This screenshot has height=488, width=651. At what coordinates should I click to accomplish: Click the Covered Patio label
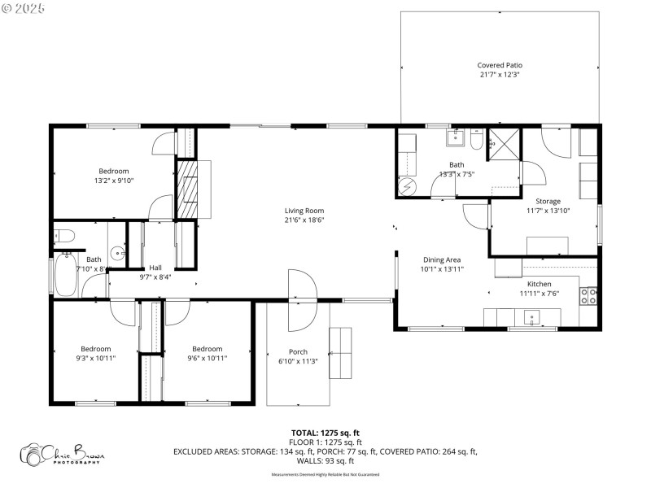pyautogui.click(x=499, y=65)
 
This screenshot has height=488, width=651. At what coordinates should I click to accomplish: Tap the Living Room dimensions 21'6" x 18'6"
pyautogui.click(x=304, y=220)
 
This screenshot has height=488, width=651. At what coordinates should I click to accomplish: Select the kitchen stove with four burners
pyautogui.click(x=589, y=296)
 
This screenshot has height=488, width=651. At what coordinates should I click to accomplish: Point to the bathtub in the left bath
pyautogui.click(x=64, y=276)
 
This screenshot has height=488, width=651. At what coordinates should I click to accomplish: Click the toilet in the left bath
pyautogui.click(x=65, y=236)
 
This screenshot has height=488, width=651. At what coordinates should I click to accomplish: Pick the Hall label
pyautogui.click(x=154, y=268)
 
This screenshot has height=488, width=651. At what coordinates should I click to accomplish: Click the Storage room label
pyautogui.click(x=548, y=201)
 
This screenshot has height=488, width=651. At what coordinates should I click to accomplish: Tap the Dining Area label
pyautogui.click(x=442, y=259)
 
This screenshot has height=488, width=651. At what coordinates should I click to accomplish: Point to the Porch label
pyautogui.click(x=298, y=351)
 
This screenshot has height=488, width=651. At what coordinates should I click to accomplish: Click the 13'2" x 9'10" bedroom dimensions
pyautogui.click(x=114, y=181)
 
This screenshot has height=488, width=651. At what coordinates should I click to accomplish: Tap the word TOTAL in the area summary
pyautogui.click(x=307, y=433)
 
